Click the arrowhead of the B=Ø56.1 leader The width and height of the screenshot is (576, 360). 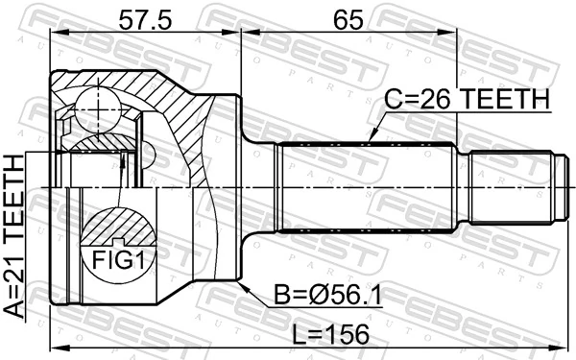[x=243, y=284]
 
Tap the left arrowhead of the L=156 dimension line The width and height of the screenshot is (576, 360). [x=55, y=346]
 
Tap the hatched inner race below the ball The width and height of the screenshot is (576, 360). [x=101, y=144]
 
